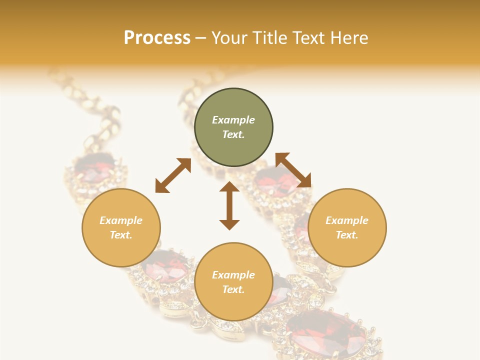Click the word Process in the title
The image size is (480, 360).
[x=157, y=38]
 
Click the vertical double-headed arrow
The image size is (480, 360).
[x=229, y=205]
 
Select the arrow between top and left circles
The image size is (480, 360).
[x=173, y=175]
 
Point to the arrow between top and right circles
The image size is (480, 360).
[x=293, y=170]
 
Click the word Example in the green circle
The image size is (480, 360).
[x=233, y=120]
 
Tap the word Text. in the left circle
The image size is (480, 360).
[x=121, y=235]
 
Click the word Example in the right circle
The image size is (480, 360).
[x=347, y=220]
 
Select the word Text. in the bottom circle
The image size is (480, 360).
[x=233, y=289]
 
